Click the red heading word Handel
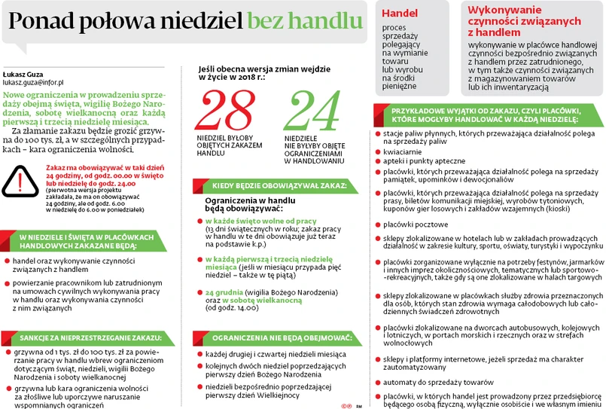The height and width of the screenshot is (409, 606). pos(400,14)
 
